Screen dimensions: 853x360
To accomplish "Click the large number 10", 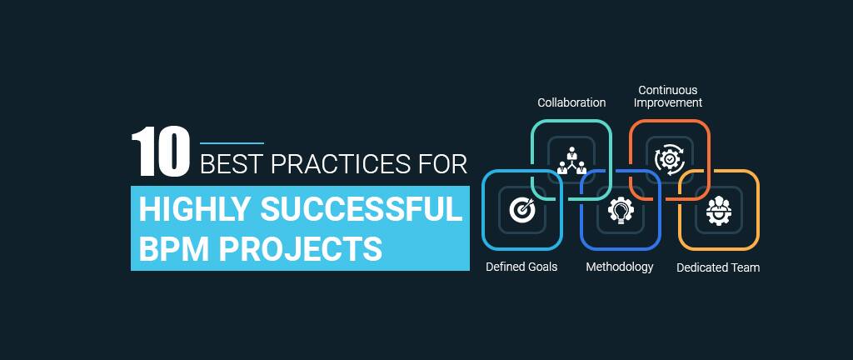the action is click(161, 152).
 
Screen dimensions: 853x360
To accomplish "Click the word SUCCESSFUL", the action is click(362, 210).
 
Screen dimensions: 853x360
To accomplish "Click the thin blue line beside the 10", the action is click(232, 143).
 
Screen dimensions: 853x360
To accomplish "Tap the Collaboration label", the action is click(571, 102).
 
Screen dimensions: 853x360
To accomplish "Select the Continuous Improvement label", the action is click(668, 97).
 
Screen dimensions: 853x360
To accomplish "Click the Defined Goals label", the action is click(521, 267).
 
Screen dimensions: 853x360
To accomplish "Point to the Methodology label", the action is click(620, 267).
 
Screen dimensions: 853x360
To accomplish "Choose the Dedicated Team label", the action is click(718, 267).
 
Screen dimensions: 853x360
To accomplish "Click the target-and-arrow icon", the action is click(522, 209).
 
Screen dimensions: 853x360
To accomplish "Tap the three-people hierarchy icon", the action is click(571, 161).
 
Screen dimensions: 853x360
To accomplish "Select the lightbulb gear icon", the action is click(621, 210).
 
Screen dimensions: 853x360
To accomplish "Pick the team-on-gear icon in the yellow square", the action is click(719, 210).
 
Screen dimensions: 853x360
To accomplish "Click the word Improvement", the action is click(668, 102).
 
